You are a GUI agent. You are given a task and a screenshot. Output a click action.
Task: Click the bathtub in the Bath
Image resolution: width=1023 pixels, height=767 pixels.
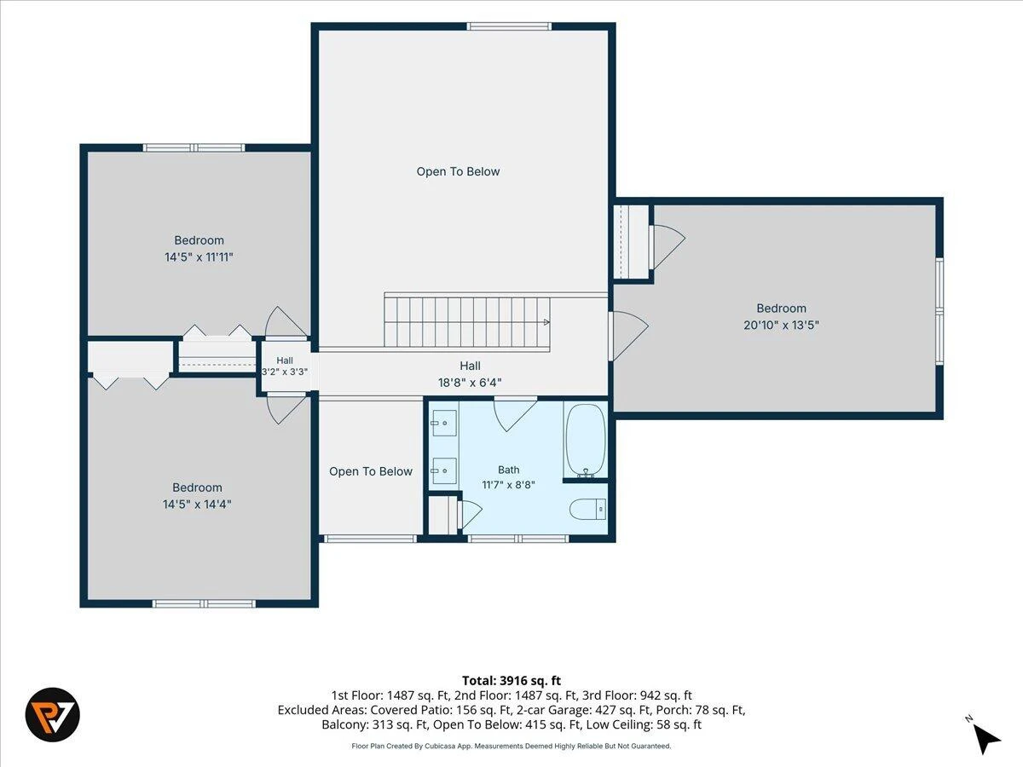point(586,440)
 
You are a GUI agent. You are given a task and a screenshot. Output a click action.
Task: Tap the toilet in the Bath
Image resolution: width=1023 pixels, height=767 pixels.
point(587,509)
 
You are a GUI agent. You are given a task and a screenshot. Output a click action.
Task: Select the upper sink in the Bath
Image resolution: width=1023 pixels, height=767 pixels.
point(444,423)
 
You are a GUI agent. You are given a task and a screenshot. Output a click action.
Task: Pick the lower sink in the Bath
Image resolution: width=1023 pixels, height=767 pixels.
point(444,470)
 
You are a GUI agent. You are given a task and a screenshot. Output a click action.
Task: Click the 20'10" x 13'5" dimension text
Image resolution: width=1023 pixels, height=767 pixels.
point(781,325)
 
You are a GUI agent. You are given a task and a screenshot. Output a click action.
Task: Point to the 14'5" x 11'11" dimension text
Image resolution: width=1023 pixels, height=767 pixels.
point(199,257)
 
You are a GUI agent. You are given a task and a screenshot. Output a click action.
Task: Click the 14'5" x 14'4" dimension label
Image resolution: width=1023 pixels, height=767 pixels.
point(197,505)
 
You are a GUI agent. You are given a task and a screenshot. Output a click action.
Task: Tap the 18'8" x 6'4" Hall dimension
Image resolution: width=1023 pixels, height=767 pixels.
point(470,383)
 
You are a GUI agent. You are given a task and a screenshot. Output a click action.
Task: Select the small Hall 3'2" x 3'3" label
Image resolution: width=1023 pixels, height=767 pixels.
point(284,366)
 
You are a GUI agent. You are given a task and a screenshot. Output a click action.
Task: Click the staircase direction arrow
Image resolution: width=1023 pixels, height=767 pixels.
point(546,322)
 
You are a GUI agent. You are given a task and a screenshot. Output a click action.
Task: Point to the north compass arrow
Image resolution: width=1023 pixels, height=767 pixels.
point(985,740)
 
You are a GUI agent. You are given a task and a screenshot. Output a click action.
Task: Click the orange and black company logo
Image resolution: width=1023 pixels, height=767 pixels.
point(53,715)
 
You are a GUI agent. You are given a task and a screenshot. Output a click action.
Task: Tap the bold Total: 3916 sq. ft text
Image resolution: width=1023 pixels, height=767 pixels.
point(511,681)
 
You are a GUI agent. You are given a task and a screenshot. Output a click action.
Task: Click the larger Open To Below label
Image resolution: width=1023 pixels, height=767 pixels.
point(458,172)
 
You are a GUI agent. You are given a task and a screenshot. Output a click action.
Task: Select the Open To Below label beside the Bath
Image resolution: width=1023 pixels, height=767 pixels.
point(371,472)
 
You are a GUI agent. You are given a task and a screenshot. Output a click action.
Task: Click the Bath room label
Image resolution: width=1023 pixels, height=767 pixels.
point(508,470)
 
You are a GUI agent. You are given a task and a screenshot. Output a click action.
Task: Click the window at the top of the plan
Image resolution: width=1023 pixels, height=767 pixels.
point(510,26)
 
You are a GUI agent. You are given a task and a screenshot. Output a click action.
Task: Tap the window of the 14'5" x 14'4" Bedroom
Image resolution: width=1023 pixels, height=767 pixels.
point(204,604)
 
